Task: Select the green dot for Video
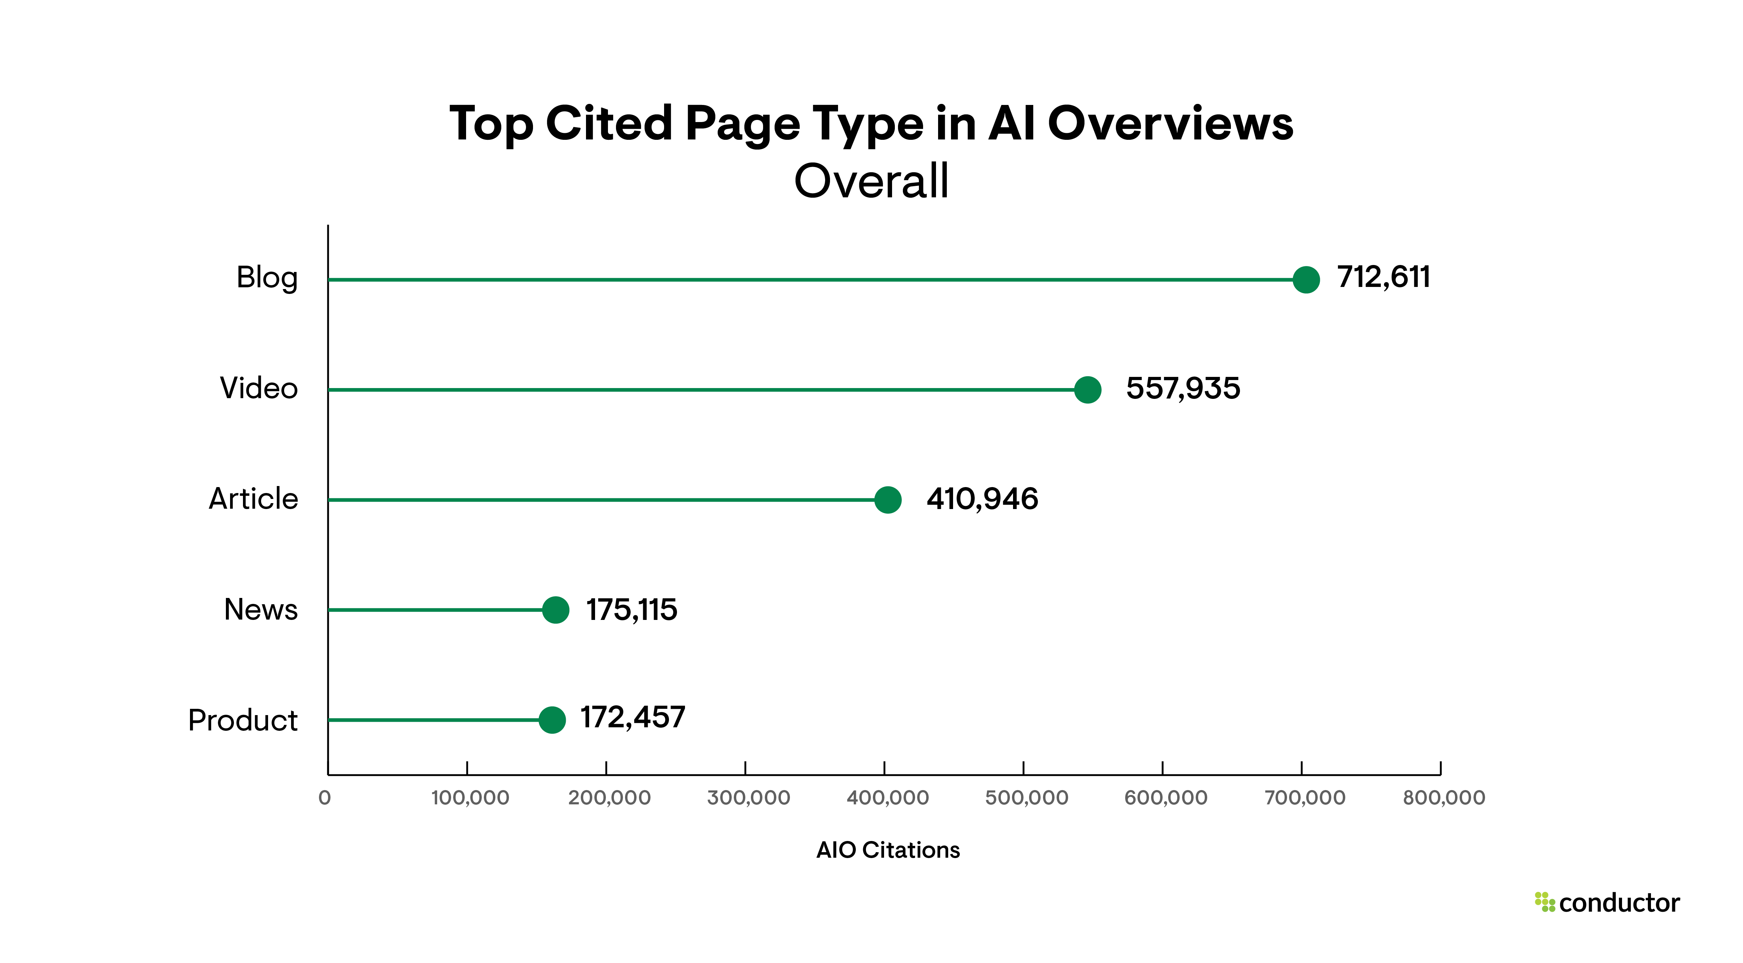pyautogui.click(x=1087, y=390)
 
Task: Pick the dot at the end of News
pyautogui.click(x=556, y=610)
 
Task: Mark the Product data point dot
pyautogui.click(x=552, y=719)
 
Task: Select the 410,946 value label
pyautogui.click(x=982, y=499)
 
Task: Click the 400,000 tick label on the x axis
pyautogui.click(x=887, y=798)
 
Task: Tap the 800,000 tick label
pyautogui.click(x=1443, y=798)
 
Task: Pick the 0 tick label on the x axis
pyautogui.click(x=325, y=798)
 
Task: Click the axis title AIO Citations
pyautogui.click(x=888, y=850)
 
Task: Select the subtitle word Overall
pyautogui.click(x=871, y=181)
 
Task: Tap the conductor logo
pyautogui.click(x=1607, y=903)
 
